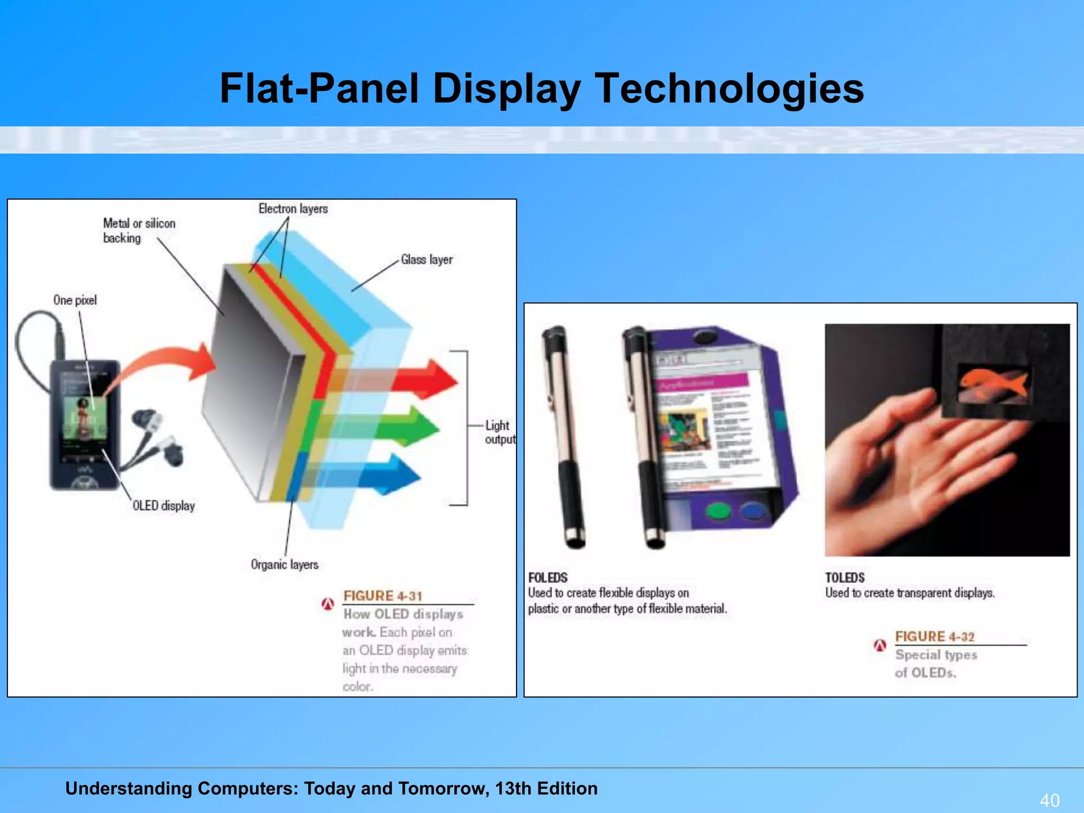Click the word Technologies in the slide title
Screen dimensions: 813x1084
pyautogui.click(x=729, y=88)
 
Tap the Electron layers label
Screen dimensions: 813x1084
pyautogui.click(x=293, y=209)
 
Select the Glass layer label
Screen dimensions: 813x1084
pyautogui.click(x=427, y=260)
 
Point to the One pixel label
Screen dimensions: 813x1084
pyautogui.click(x=75, y=301)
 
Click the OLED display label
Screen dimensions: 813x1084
pyautogui.click(x=164, y=506)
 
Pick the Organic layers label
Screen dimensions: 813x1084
pyautogui.click(x=285, y=565)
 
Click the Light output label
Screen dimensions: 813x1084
pyautogui.click(x=499, y=432)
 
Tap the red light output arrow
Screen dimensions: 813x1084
pyautogui.click(x=423, y=380)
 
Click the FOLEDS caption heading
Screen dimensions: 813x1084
pyautogui.click(x=548, y=577)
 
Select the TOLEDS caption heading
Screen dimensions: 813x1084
pyautogui.click(x=845, y=577)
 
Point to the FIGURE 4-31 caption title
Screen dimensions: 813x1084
pyautogui.click(x=383, y=596)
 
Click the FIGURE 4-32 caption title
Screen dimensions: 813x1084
pyautogui.click(x=935, y=637)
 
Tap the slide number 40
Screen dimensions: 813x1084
pyautogui.click(x=1050, y=800)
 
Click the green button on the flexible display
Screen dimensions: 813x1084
pyautogui.click(x=718, y=511)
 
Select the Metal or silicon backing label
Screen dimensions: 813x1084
pyautogui.click(x=139, y=231)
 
